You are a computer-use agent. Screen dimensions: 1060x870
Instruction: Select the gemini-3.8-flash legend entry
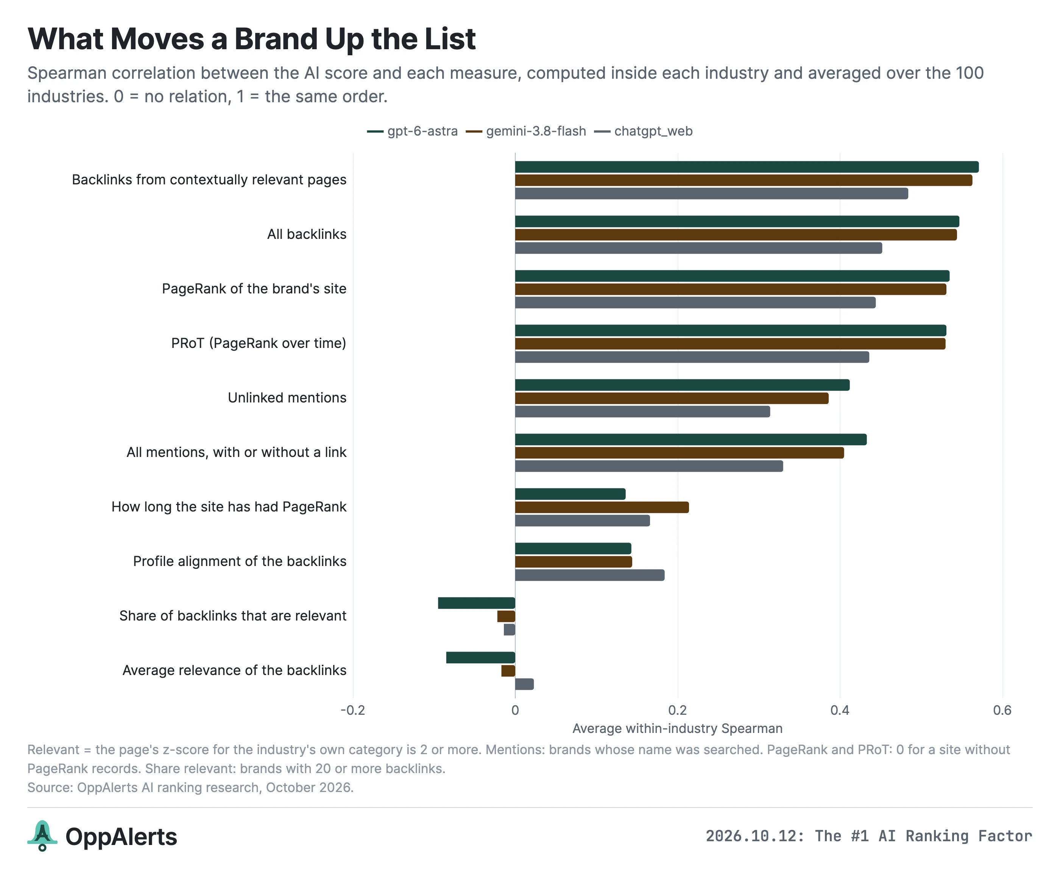526,131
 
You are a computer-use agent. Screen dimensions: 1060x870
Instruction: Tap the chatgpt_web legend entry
644,131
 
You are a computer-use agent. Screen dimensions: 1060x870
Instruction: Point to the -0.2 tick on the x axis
353,710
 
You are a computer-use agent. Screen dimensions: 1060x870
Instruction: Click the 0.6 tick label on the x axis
1002,710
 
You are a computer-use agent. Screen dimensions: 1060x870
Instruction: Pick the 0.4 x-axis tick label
840,710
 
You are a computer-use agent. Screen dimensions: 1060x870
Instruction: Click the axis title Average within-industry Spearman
678,729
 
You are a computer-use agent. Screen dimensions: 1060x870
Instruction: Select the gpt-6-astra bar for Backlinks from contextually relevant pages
747,167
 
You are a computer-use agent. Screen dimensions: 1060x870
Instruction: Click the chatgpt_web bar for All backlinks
698,248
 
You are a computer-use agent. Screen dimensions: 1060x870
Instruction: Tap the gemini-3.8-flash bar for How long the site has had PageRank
602,507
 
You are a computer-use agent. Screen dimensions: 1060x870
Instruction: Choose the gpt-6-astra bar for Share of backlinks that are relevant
477,603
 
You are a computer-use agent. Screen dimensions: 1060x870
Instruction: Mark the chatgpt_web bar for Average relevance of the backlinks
524,684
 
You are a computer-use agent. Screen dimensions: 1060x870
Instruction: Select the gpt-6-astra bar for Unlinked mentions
682,385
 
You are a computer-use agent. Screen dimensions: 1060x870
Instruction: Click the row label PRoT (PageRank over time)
259,343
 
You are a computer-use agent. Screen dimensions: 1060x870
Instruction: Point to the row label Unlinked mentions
287,398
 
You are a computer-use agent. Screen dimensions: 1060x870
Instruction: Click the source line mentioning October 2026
190,788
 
